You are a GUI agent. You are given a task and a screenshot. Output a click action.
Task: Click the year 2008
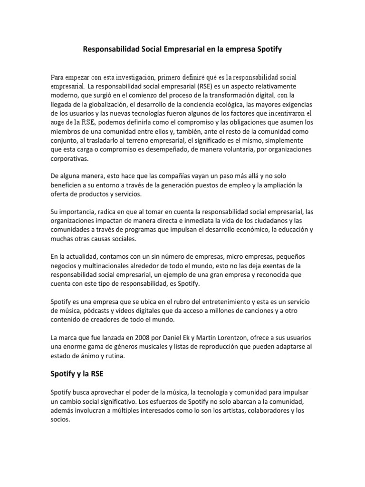point(144,338)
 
